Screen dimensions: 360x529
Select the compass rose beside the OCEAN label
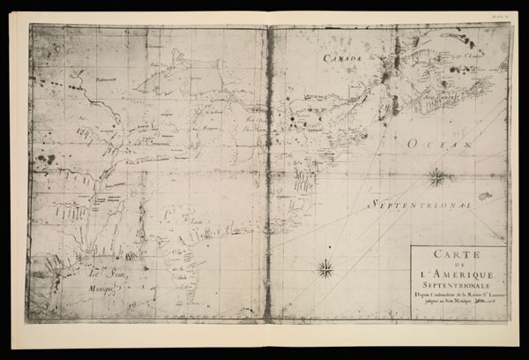[436, 177]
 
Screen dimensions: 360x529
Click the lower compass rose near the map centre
[324, 266]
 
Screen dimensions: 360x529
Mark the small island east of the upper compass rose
[484, 196]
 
